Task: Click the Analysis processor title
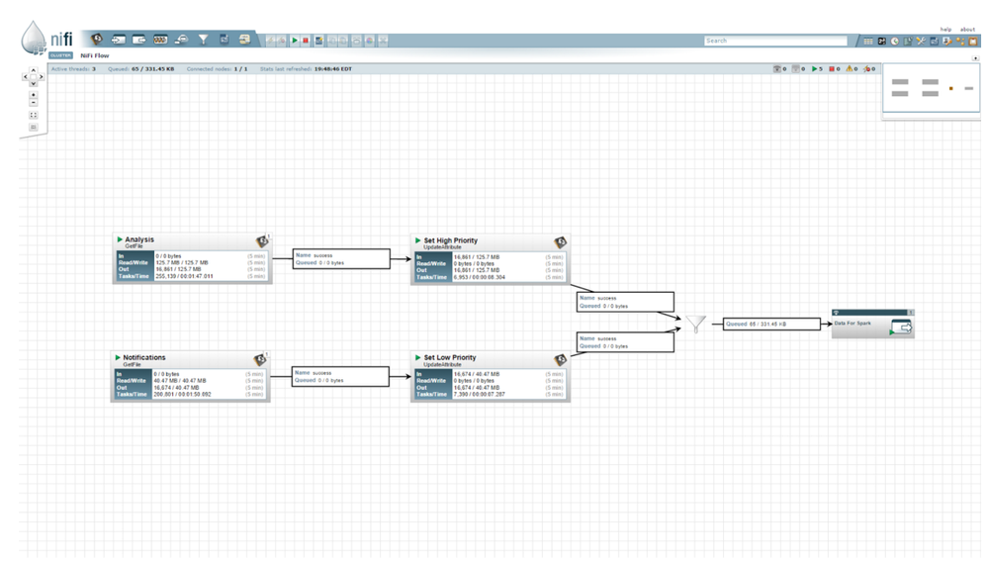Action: (x=139, y=239)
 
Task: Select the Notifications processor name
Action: (x=144, y=357)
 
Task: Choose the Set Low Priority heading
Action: (x=450, y=357)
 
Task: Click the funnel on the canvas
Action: (x=697, y=324)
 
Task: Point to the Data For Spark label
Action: (x=853, y=323)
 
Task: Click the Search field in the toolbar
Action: (x=775, y=41)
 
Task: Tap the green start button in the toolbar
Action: (x=295, y=41)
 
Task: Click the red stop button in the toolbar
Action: (x=306, y=41)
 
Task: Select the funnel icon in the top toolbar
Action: (x=203, y=40)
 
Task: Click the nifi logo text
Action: (x=61, y=38)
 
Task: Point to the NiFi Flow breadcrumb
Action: (x=95, y=55)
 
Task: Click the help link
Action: (x=945, y=30)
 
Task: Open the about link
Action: (x=967, y=30)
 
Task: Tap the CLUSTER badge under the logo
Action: (x=60, y=55)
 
